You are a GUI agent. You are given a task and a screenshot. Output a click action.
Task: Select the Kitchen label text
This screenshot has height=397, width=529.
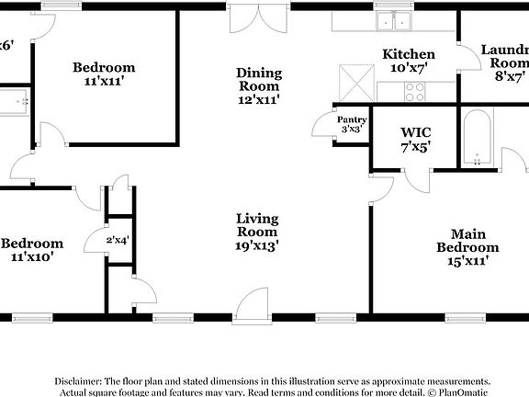coord(408,54)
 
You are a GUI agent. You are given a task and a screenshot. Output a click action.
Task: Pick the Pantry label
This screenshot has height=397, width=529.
coord(352,119)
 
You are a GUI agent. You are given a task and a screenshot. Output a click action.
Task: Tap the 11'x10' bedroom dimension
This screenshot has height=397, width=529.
coord(31,257)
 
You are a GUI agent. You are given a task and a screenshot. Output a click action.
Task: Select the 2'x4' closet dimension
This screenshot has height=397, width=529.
coord(117,241)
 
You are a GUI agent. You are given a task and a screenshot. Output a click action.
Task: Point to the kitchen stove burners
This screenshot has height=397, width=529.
coord(413,91)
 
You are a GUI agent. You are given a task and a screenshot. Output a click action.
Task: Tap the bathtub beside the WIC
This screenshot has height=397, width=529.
coord(478,140)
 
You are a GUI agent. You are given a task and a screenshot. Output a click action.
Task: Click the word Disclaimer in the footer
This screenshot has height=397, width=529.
coord(80,380)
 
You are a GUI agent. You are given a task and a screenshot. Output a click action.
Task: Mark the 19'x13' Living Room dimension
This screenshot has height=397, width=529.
coord(257,245)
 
